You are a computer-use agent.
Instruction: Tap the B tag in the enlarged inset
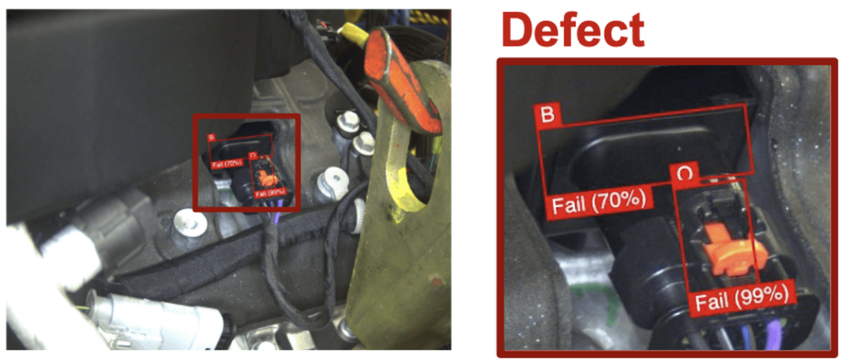tap(547, 114)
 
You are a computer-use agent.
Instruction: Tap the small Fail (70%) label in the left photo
tap(226, 163)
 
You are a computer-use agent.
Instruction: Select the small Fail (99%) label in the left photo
tap(270, 193)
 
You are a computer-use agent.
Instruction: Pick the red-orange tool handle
tap(402, 79)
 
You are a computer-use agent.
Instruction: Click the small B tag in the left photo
tap(211, 137)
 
